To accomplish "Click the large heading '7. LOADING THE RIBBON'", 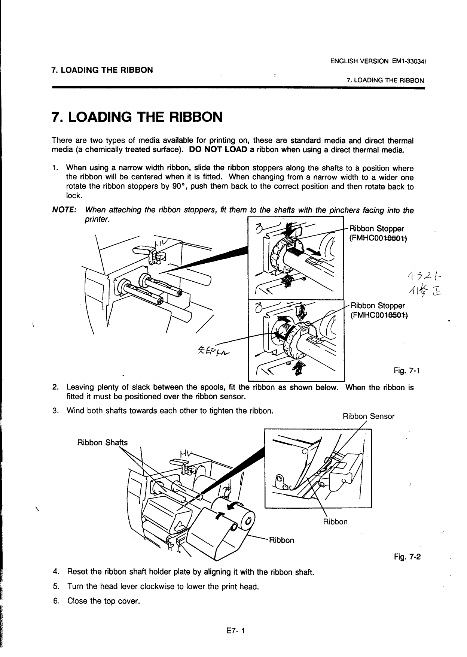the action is point(137,117).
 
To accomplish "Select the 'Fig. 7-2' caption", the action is point(407,557).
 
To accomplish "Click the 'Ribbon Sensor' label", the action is point(368,416).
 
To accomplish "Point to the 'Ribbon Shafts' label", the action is point(102,442).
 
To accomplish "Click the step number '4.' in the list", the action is point(56,572).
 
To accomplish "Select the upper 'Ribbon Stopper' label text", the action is point(376,228).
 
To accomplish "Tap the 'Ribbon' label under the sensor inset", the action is point(335,521).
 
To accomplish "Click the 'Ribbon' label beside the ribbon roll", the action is point(282,540).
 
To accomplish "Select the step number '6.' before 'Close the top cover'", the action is point(56,601).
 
